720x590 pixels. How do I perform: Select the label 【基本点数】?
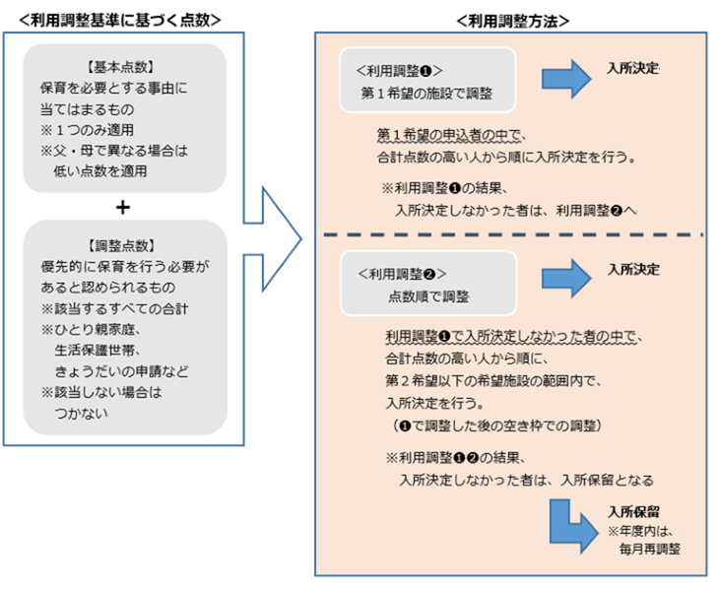[x=124, y=67]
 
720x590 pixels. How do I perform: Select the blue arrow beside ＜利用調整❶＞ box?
[x=563, y=80]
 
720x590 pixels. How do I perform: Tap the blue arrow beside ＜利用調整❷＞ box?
[x=563, y=279]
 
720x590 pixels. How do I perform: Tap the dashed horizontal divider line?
[x=512, y=234]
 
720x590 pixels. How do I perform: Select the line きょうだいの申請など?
[x=121, y=371]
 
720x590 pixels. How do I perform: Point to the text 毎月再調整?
[x=652, y=550]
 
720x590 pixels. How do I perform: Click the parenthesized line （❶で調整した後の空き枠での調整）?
[x=489, y=425]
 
